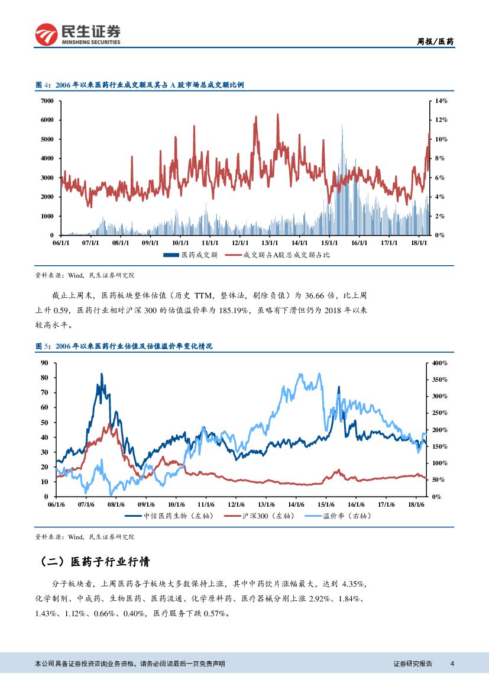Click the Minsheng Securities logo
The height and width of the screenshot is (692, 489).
pos(77,34)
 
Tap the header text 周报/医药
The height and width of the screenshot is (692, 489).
pos(436,41)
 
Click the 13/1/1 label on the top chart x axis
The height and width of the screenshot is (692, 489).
pos(270,243)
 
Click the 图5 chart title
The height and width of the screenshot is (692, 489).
pos(124,347)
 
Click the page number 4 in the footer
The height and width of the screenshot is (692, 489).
pos(452,664)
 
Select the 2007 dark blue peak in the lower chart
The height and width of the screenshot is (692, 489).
pos(102,375)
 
